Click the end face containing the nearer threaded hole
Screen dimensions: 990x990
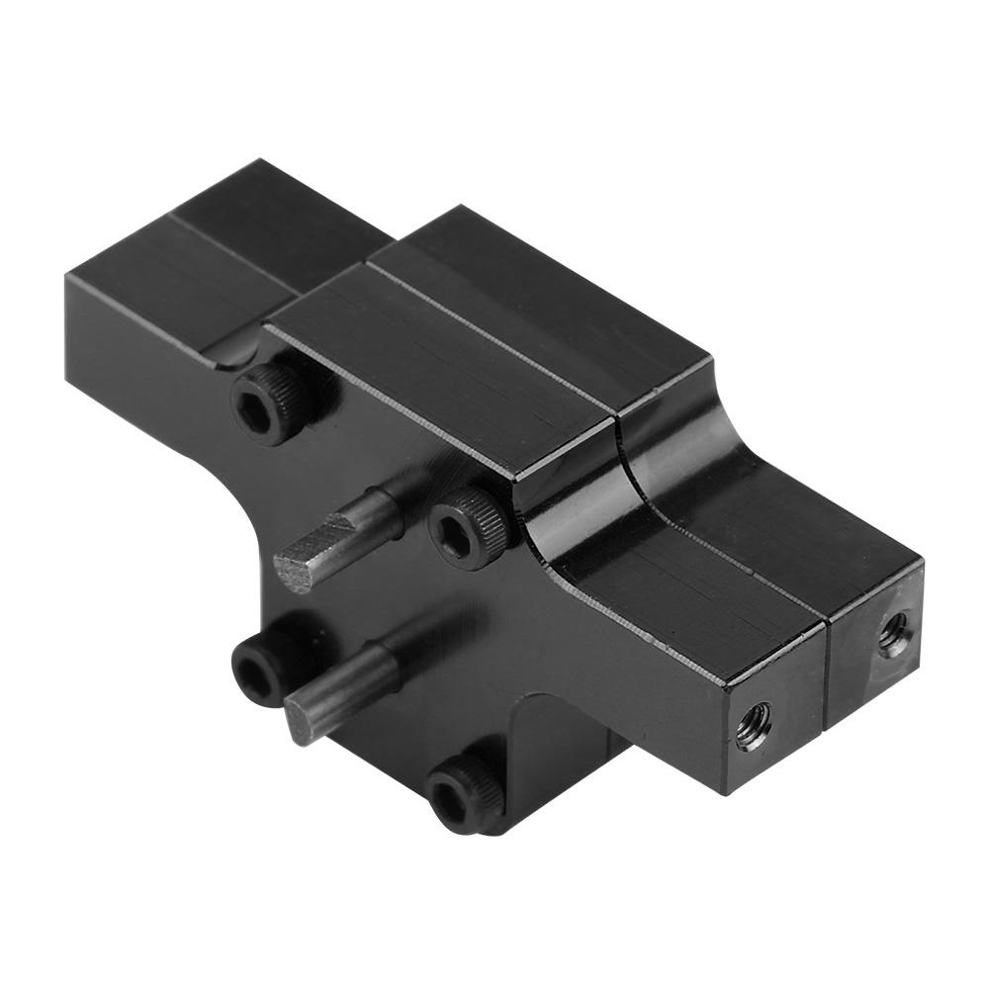771,737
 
